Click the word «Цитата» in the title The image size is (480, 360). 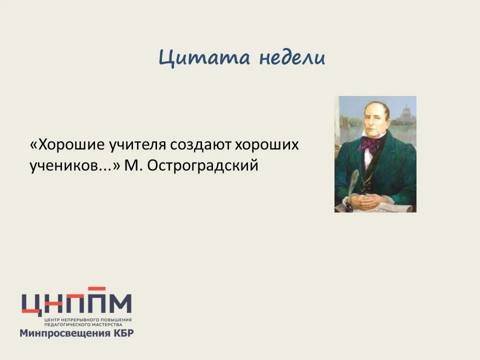tap(204, 58)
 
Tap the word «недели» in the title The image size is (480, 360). tap(292, 57)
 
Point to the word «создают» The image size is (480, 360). tap(200, 145)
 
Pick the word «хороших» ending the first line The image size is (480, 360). tap(266, 145)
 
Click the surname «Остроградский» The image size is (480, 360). tap(202, 166)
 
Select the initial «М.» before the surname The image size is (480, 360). tap(133, 165)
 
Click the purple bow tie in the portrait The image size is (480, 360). tap(369, 144)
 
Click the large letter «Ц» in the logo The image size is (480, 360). tap(32, 304)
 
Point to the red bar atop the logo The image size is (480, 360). tap(96, 288)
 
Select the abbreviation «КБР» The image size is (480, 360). tap(123, 332)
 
